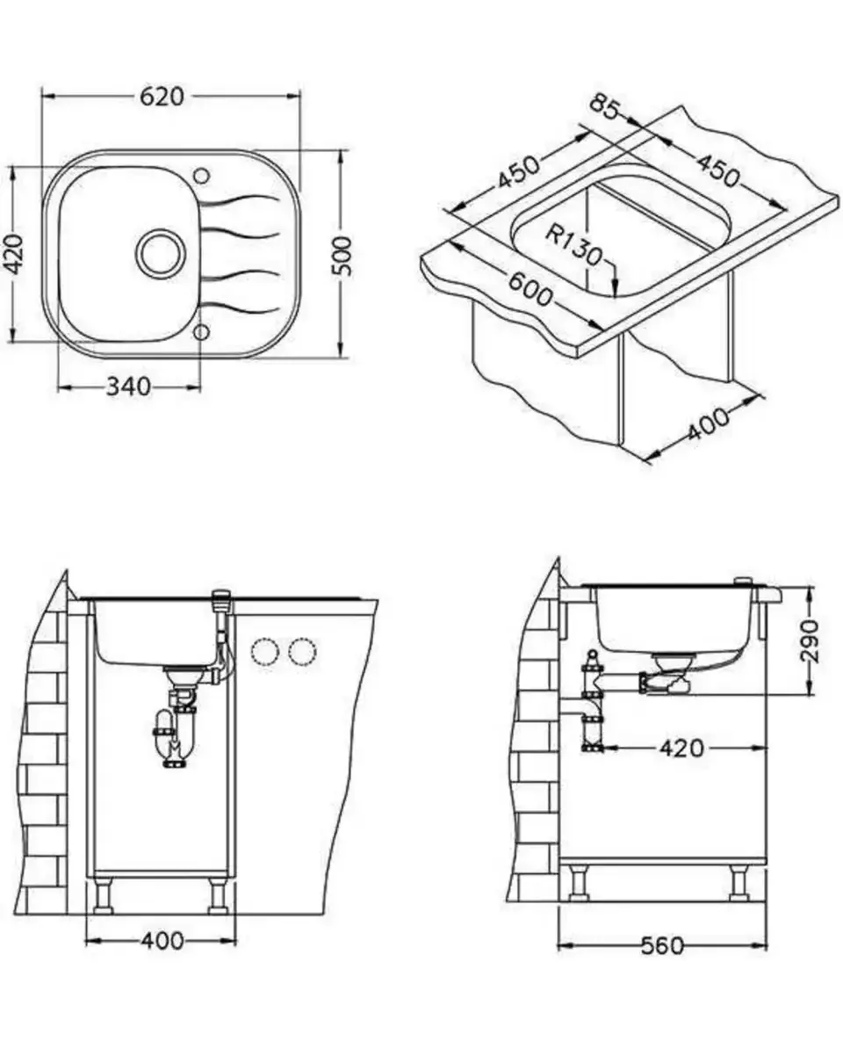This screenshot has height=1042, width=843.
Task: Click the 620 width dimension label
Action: click(x=162, y=97)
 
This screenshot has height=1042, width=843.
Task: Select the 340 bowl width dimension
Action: click(x=129, y=386)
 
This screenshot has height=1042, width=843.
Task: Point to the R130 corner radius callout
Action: click(x=573, y=244)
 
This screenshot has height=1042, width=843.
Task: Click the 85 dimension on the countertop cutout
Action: click(x=605, y=107)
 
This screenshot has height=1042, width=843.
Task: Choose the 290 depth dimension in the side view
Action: click(x=809, y=640)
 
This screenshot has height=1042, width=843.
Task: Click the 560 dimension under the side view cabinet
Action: click(x=662, y=945)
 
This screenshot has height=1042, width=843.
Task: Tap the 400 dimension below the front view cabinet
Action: click(x=162, y=940)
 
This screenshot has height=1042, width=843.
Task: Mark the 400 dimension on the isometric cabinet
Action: click(x=708, y=424)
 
